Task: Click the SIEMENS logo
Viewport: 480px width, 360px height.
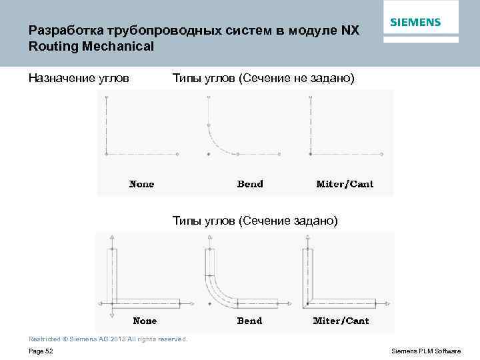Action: tap(415, 22)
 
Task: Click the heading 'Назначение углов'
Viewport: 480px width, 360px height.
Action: tap(79, 79)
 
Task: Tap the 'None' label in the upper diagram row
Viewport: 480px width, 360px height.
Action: tap(141, 184)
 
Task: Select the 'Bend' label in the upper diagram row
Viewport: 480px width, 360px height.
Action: tap(250, 184)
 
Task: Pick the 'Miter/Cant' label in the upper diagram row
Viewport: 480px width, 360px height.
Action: tap(345, 184)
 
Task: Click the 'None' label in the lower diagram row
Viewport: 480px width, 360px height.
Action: tap(145, 321)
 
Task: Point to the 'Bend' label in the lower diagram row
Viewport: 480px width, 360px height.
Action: tap(250, 321)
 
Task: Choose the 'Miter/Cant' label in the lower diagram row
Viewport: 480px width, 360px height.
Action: tap(341, 321)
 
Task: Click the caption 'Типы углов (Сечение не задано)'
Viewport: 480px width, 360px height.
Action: tap(263, 79)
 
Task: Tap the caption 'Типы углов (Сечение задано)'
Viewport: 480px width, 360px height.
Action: tap(255, 220)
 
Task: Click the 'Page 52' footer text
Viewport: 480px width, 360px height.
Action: tap(41, 351)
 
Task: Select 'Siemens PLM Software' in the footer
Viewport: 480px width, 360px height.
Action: tap(425, 351)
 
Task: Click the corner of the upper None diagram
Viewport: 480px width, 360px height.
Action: tap(107, 154)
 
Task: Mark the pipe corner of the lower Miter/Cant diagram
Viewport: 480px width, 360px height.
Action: tap(308, 299)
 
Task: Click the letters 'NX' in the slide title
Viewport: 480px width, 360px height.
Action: tap(349, 31)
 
